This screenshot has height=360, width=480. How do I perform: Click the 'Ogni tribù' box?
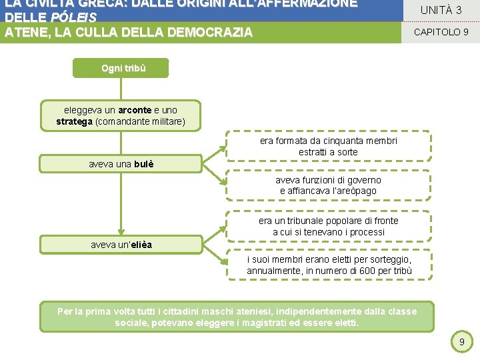click(x=121, y=68)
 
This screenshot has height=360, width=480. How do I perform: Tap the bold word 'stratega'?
click(x=75, y=121)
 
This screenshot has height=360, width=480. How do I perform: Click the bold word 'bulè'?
click(x=143, y=164)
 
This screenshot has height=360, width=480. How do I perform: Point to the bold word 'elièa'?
click(x=141, y=245)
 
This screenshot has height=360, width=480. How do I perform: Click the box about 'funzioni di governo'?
click(x=328, y=185)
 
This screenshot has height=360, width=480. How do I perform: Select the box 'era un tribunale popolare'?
click(x=328, y=226)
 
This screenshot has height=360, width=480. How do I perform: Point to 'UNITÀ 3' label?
click(x=441, y=10)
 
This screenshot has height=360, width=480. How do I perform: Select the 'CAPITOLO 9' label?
click(x=441, y=31)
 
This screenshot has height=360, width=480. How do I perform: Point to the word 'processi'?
click(x=367, y=231)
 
